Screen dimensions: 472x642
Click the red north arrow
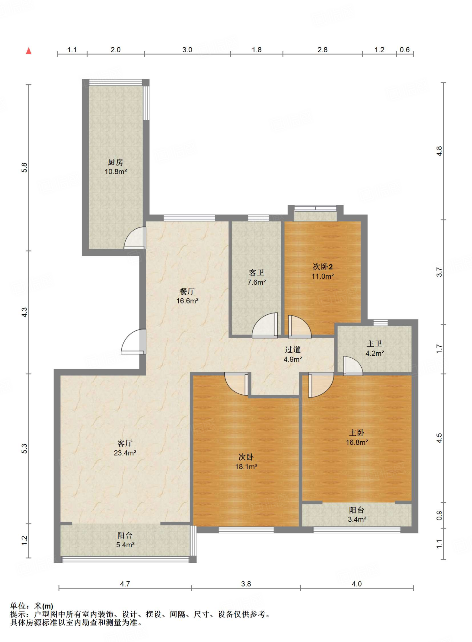(x=29, y=50)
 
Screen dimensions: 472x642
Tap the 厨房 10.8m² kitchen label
(x=116, y=167)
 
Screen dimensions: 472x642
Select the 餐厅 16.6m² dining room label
(x=187, y=296)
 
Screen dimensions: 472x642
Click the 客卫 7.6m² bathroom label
(x=257, y=277)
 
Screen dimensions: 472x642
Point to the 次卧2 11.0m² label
(x=323, y=271)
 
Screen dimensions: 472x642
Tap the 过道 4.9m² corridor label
(x=293, y=354)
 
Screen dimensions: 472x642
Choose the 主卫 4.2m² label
(x=375, y=348)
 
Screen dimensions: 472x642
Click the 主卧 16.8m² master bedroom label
(x=357, y=437)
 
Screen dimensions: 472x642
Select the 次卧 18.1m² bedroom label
(x=246, y=461)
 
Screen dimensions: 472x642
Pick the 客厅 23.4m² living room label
(x=125, y=448)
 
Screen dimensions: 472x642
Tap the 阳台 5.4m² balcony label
(x=125, y=540)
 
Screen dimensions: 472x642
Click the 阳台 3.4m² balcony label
(x=357, y=514)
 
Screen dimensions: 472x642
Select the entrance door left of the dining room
(x=134, y=342)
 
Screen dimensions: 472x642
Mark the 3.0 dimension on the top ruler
(x=187, y=50)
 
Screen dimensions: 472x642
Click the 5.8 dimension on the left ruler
(x=24, y=168)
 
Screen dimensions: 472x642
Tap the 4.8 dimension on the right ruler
(x=439, y=151)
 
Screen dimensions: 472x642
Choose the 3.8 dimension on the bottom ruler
(x=246, y=584)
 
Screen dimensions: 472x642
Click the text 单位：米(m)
(x=32, y=606)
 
